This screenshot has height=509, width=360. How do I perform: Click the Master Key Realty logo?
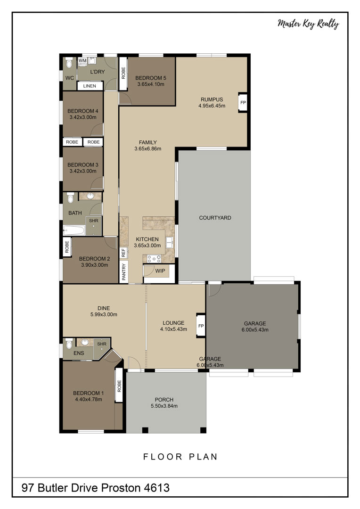coord(308,24)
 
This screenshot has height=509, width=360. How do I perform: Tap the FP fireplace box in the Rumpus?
coord(243,103)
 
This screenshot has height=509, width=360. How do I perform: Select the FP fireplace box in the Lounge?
coord(201,326)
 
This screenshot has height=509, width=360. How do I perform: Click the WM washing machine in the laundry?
coord(82,61)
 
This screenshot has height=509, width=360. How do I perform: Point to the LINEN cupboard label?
coord(90,86)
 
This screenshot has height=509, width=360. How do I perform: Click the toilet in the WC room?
coord(69,63)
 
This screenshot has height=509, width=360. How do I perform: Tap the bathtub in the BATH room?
coord(74,230)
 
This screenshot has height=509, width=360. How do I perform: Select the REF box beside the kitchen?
coord(123,253)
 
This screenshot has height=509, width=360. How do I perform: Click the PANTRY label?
coord(123,271)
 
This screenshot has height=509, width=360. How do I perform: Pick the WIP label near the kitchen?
coord(160,271)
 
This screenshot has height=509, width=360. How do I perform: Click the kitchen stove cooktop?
coord(154,259)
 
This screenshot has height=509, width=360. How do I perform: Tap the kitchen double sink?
coord(170,243)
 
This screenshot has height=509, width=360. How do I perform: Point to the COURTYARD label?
coord(215,218)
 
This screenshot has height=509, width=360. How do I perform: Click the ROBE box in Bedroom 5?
coord(123,74)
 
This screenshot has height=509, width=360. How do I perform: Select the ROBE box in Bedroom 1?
coord(119,386)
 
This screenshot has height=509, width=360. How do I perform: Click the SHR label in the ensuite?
coord(102,344)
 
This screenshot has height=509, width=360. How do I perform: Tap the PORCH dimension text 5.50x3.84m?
coord(164,406)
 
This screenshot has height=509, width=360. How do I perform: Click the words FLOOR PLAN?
coord(180,457)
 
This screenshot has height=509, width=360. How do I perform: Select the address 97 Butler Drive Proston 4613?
coord(96,488)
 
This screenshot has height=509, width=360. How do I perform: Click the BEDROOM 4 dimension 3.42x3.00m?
coord(83,117)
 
